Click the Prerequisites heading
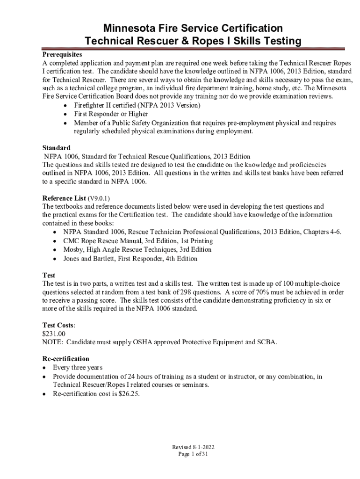point(62,54)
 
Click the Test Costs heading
point(58,325)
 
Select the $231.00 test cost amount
point(54,334)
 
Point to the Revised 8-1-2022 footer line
point(193,447)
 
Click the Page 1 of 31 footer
point(193,454)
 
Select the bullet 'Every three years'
point(78,367)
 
